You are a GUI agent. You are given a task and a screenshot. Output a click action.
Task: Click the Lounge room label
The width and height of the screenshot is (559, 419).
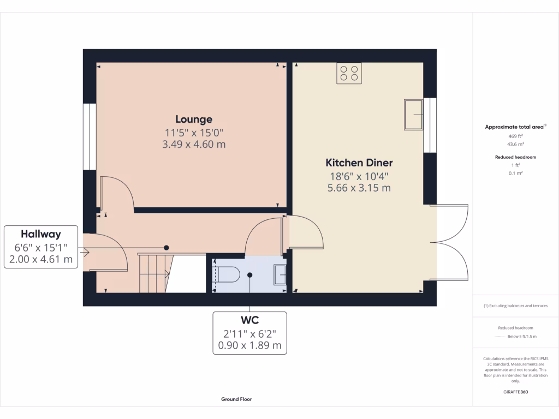click(x=194, y=119)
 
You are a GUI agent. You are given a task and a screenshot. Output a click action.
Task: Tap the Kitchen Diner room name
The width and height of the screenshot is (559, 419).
click(x=359, y=163)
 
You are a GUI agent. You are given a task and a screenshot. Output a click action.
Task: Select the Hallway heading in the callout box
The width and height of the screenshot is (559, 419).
click(x=41, y=233)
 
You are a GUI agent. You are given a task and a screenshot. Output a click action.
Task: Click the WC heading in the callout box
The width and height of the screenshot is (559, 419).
click(x=249, y=320)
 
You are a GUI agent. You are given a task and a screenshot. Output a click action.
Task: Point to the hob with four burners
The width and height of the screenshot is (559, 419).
click(x=349, y=74)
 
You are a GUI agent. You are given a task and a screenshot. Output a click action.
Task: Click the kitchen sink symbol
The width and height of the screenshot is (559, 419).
click(x=413, y=115)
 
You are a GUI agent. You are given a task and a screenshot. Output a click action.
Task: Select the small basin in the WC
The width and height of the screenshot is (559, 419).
click(x=279, y=274)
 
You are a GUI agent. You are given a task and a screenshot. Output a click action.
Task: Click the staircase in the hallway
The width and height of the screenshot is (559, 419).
click(x=154, y=273)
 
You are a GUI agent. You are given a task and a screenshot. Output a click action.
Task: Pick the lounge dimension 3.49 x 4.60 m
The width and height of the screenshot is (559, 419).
click(x=194, y=145)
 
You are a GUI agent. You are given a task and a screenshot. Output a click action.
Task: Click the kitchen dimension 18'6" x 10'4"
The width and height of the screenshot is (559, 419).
click(x=359, y=176)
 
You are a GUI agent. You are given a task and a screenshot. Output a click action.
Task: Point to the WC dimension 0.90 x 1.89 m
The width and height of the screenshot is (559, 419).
click(x=249, y=345)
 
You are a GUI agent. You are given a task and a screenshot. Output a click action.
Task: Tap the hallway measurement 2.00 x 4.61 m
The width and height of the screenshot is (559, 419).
click(x=41, y=259)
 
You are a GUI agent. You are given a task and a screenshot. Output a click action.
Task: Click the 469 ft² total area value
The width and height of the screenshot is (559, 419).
click(x=516, y=136)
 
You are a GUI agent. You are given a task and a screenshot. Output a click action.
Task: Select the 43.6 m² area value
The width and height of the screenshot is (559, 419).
click(x=516, y=145)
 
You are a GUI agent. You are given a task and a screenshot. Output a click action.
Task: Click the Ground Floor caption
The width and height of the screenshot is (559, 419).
click(x=236, y=399)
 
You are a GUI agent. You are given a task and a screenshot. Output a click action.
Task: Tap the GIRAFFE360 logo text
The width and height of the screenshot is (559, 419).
click(x=516, y=392)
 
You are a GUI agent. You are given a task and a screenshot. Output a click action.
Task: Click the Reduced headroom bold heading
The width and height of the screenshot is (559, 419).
click(x=516, y=157)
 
